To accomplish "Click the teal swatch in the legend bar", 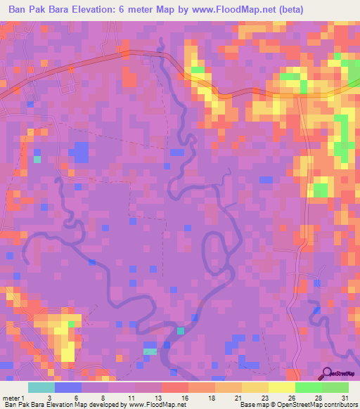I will [41, 387].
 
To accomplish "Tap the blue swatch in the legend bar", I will [67, 387].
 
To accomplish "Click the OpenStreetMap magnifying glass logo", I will [328, 375].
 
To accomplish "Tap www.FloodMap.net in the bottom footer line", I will [161, 405].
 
